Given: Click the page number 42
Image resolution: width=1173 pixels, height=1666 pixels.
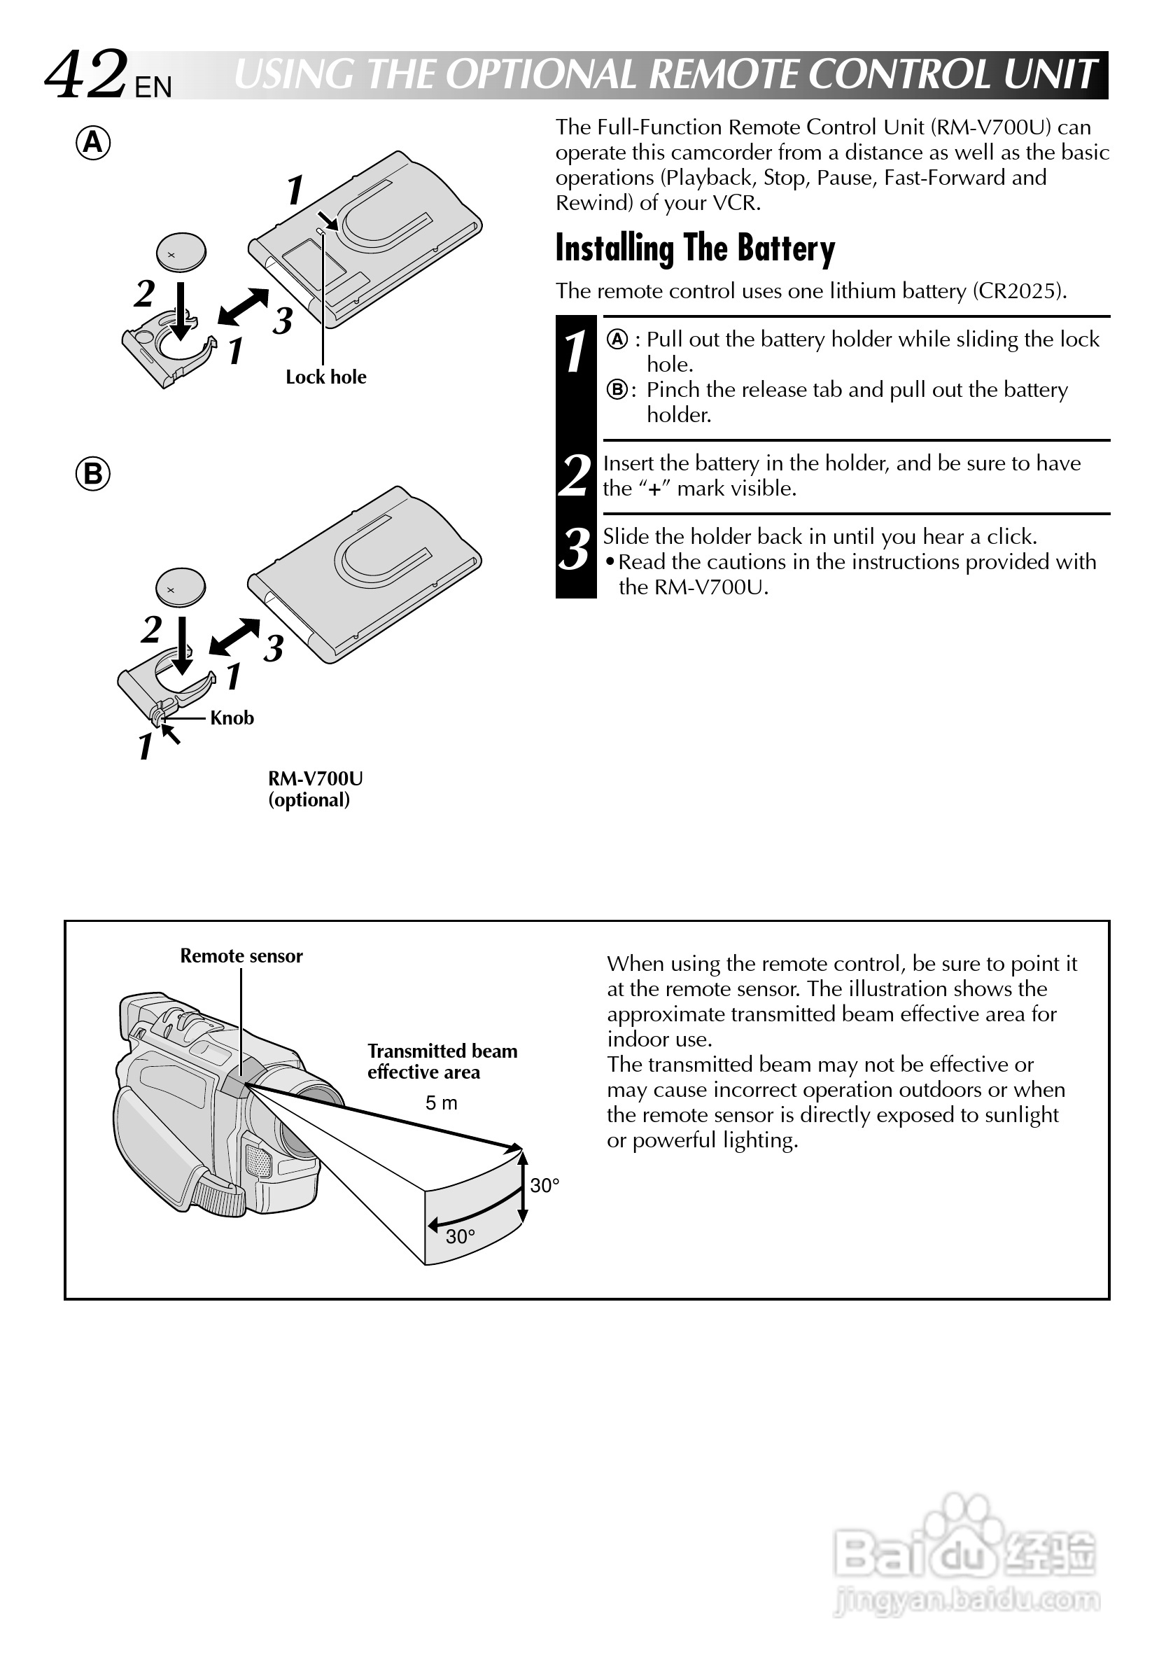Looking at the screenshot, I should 85,75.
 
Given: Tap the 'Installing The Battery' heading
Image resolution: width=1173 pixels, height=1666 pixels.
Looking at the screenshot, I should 695,248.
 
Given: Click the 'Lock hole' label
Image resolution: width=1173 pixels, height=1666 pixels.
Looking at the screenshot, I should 325,377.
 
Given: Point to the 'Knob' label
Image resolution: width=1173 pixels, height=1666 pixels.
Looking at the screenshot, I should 232,718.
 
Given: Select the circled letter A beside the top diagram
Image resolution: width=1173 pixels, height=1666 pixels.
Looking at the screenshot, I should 94,143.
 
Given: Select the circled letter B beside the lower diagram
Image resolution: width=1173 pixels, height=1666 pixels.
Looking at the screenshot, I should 94,475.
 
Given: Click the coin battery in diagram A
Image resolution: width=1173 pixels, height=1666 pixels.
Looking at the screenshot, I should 181,253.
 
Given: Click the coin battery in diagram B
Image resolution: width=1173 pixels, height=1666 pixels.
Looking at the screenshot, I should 181,587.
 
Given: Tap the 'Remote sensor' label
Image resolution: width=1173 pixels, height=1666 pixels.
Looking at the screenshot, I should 241,956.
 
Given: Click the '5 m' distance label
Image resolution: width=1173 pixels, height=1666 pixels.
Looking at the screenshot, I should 441,1104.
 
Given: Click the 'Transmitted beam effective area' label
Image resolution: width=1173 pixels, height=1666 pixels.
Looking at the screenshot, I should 442,1062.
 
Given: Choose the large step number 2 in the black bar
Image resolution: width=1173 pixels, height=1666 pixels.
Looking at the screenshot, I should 575,476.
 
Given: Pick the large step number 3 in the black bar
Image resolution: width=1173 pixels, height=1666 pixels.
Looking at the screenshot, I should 575,550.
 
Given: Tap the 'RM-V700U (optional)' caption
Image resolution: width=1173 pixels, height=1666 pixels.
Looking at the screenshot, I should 315,790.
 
